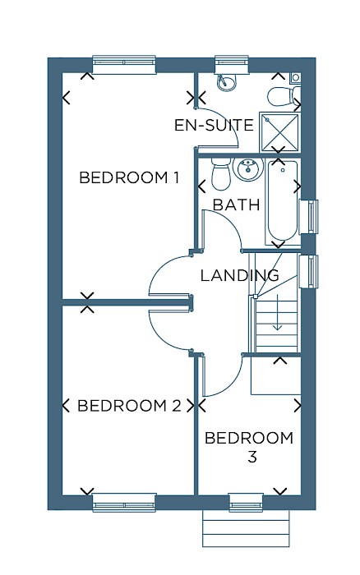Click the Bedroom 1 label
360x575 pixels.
click(129, 178)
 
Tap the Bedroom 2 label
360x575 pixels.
click(129, 406)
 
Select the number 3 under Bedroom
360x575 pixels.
click(252, 458)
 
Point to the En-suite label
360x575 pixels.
click(214, 126)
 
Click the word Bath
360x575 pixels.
click(237, 205)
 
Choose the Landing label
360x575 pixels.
click(240, 275)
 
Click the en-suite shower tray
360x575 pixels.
click(279, 132)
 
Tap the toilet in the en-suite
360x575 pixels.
click(284, 96)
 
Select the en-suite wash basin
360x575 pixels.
click(226, 82)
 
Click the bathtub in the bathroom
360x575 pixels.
click(282, 202)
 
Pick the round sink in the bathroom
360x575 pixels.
click(248, 169)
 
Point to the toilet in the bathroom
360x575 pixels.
click(220, 174)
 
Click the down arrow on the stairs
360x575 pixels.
click(277, 311)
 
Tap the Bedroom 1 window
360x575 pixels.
click(124, 65)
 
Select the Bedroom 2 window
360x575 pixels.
click(124, 503)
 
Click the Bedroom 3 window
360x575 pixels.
click(246, 503)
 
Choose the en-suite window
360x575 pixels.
click(232, 65)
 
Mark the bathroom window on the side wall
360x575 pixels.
click(308, 216)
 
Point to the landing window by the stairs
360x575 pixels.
click(308, 271)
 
